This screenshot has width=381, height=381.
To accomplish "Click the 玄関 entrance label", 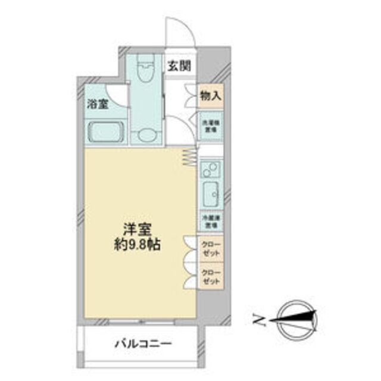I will coord(179,66).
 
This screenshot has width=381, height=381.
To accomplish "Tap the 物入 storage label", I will coord(210,95).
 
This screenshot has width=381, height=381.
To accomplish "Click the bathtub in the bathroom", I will coord(105,130).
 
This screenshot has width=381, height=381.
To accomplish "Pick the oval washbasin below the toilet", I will coord(146,135).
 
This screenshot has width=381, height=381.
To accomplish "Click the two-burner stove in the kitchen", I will coord(210,171).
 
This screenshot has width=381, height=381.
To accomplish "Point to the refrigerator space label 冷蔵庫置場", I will coord(210,222).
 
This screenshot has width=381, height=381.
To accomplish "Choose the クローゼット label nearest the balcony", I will coord(210,277).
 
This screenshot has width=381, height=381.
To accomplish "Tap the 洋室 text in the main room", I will coord(137,229).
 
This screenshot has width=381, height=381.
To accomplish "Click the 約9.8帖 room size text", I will coord(137,244).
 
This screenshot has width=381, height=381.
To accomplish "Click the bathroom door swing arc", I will coord(117,96).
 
